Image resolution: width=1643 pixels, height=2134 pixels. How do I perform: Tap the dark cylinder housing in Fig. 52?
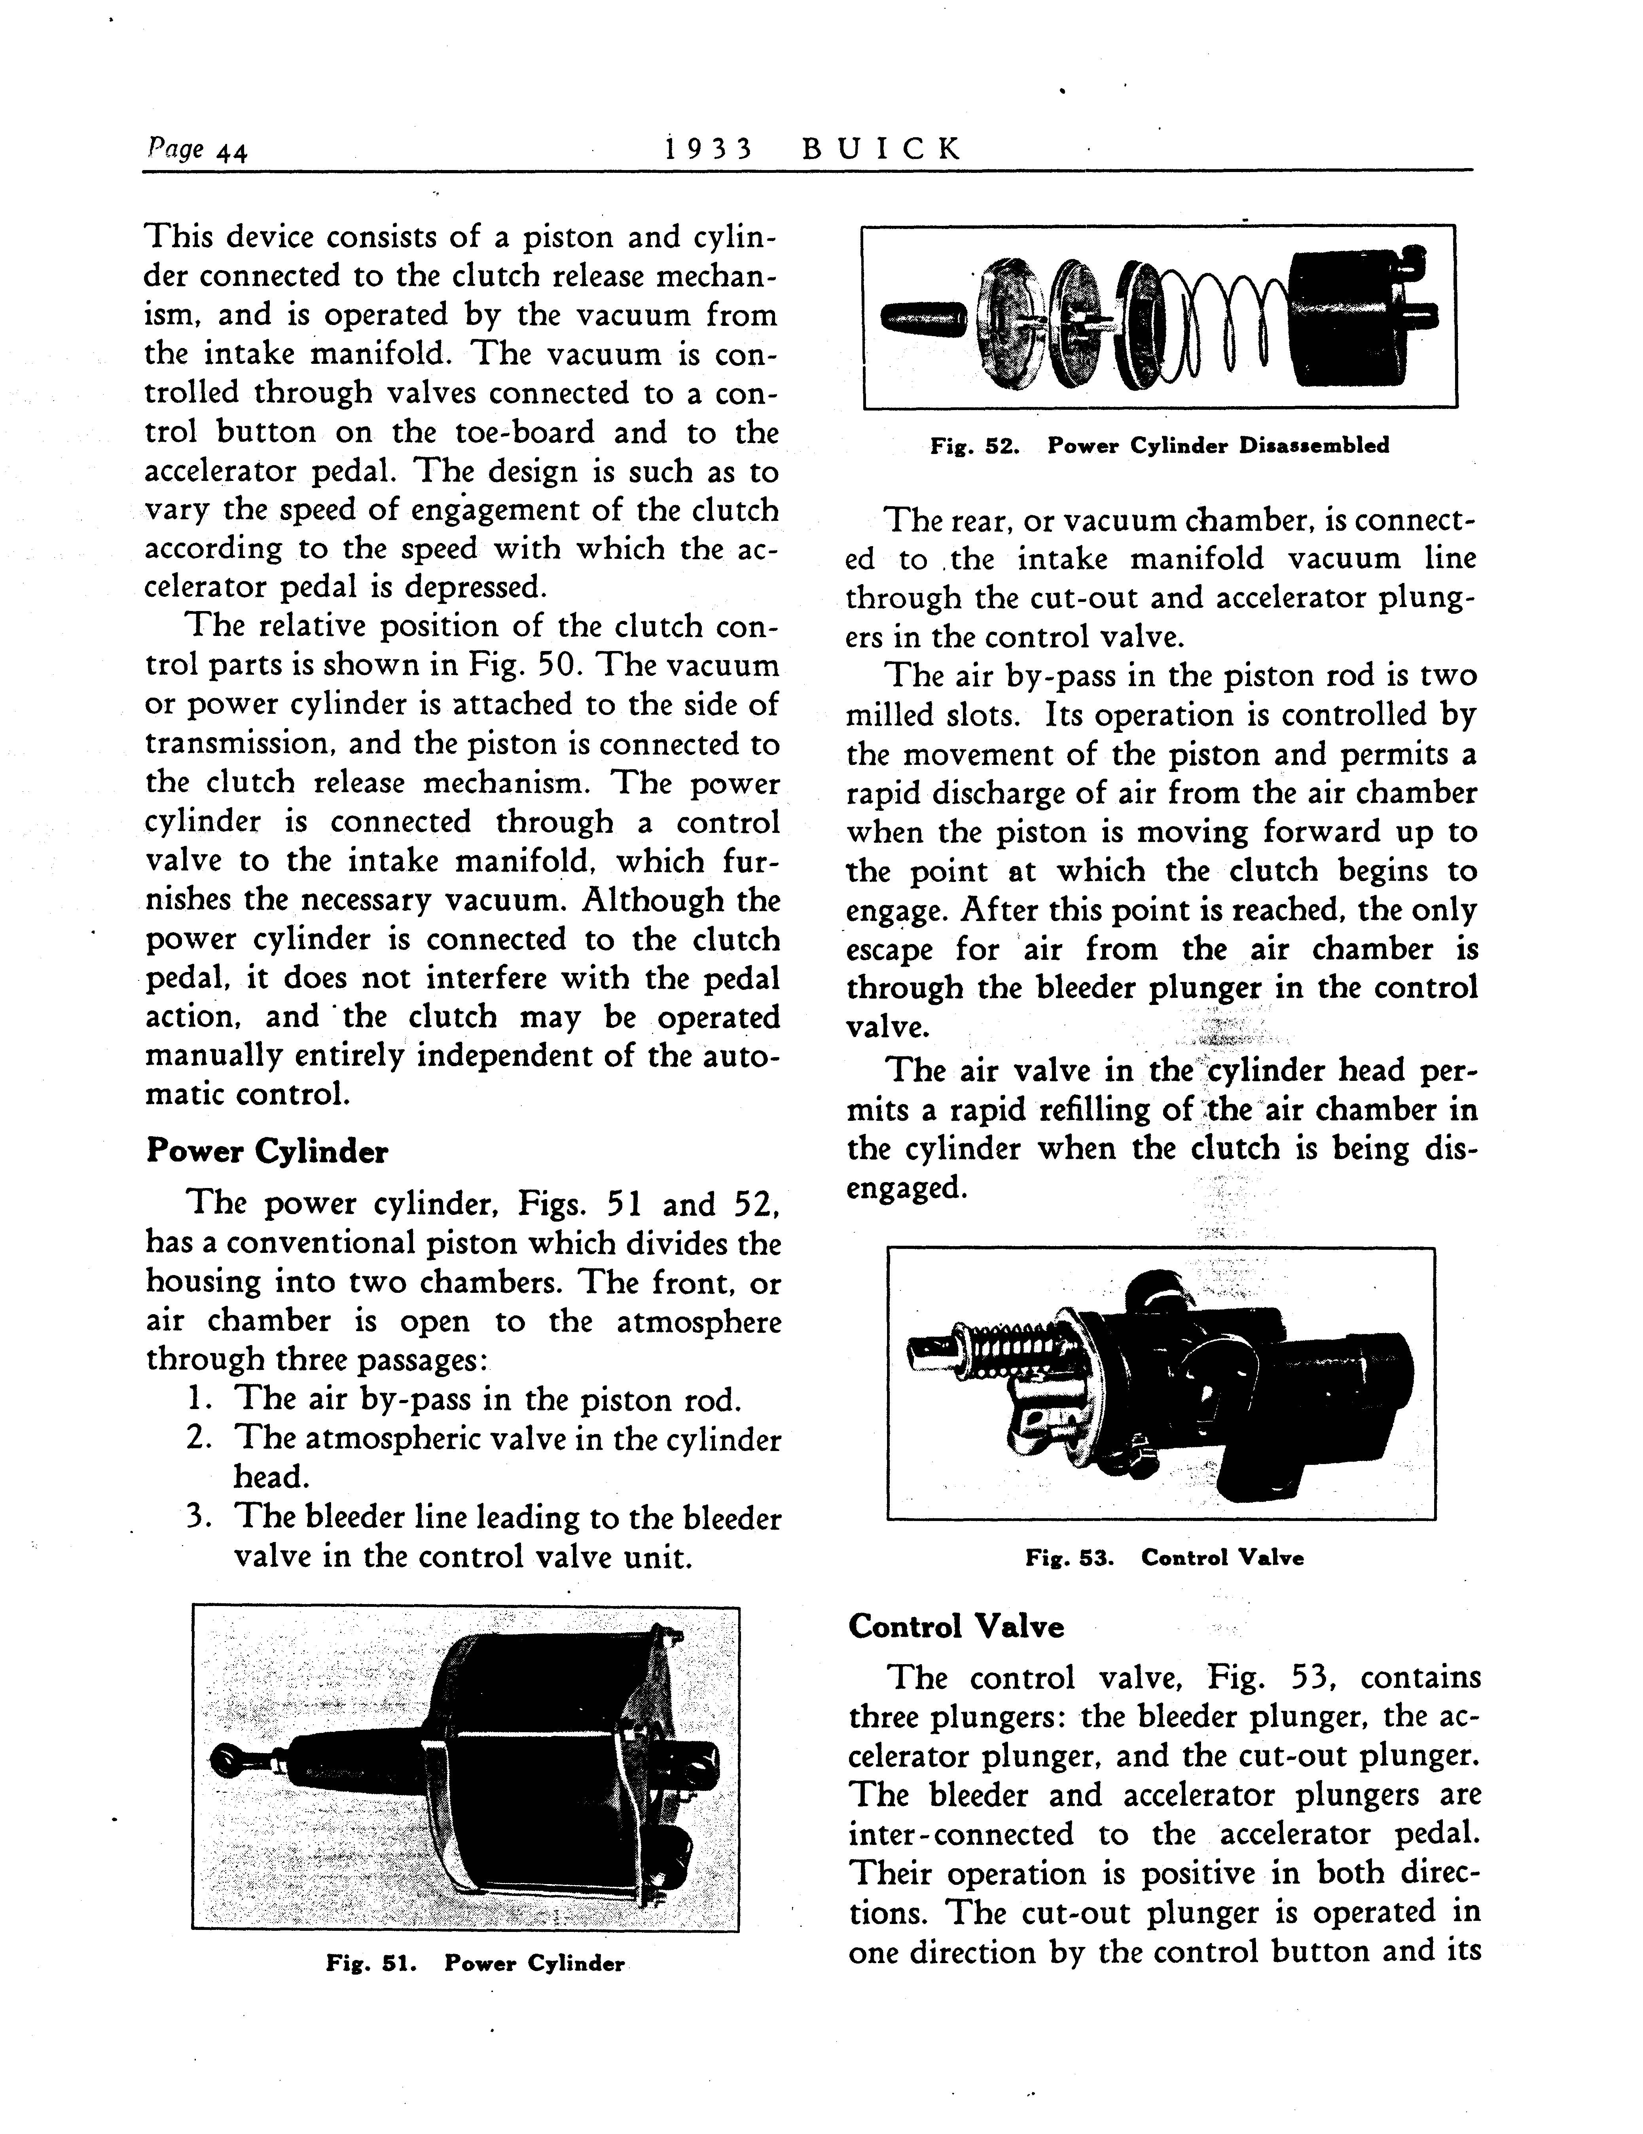tap(1354, 318)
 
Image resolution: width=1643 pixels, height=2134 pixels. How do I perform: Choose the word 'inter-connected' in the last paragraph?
tap(961, 1834)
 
